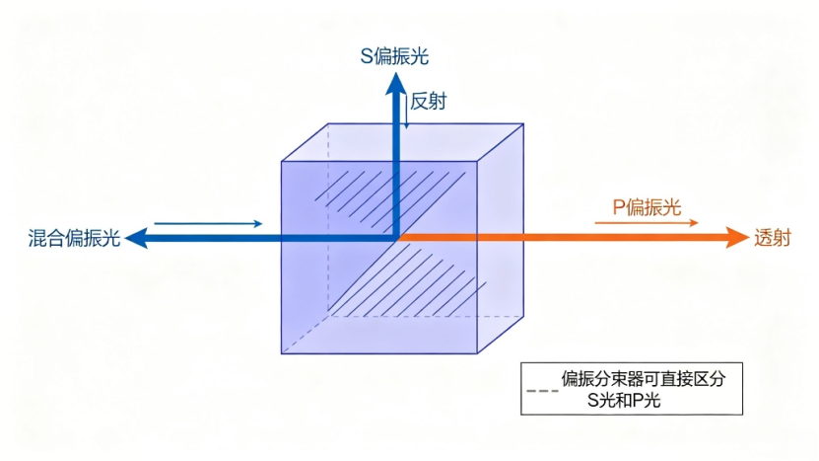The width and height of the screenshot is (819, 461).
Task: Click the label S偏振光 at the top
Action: [x=394, y=56]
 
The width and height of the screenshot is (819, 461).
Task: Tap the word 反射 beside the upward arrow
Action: [x=429, y=101]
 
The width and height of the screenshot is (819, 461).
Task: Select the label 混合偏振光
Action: [x=74, y=238]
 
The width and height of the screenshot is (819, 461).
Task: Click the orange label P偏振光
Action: [x=647, y=207]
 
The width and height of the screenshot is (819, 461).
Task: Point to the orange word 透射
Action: [x=772, y=238]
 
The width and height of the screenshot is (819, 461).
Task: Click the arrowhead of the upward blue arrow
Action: [x=396, y=84]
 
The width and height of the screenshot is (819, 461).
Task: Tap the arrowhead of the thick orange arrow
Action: [x=737, y=238]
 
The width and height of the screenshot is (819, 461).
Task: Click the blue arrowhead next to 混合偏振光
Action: [x=137, y=238]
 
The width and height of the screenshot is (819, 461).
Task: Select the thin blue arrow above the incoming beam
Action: [x=208, y=224]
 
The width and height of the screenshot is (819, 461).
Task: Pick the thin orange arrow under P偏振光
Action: [x=647, y=223]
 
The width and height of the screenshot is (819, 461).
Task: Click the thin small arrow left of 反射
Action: [x=407, y=111]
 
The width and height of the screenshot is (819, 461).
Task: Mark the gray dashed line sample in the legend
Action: [x=542, y=391]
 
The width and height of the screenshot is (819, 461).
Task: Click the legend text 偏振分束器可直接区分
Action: [x=644, y=379]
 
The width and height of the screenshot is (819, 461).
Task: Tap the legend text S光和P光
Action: [x=624, y=401]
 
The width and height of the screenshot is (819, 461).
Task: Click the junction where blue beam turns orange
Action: [x=397, y=238]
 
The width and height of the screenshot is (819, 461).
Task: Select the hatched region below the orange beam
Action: [x=408, y=280]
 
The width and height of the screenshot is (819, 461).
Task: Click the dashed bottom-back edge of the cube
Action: [x=426, y=316]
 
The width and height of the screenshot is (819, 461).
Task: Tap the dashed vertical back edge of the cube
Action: [x=328, y=220]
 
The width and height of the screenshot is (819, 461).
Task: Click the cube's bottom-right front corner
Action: [x=477, y=353]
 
